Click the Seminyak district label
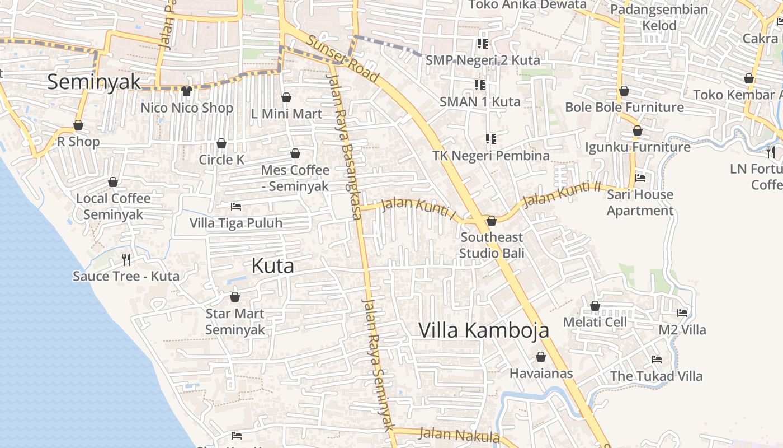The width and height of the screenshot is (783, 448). (93, 82)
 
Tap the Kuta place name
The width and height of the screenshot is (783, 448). (272, 265)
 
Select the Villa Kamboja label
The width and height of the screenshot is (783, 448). (483, 330)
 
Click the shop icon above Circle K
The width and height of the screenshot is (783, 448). (221, 143)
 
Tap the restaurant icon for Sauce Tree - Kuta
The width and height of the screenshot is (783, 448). (126, 259)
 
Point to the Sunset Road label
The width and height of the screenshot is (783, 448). (343, 58)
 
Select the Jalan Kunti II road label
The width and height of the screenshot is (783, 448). (561, 194)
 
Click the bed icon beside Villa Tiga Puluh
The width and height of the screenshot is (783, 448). (236, 207)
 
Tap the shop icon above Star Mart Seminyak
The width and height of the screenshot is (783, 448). (235, 297)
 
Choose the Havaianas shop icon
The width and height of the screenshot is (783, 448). (541, 357)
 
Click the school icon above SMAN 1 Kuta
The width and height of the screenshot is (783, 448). (480, 85)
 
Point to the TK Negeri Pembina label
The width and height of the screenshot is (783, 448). (491, 156)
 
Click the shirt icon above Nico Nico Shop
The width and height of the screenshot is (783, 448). (187, 91)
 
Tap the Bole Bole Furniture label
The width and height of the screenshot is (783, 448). (624, 107)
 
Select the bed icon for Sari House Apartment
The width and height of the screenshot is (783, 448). (640, 178)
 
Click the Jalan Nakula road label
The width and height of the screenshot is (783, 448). (459, 435)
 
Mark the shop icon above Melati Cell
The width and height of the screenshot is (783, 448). (595, 306)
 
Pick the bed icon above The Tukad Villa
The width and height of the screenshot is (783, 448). (657, 360)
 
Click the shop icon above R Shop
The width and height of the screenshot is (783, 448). (78, 125)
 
